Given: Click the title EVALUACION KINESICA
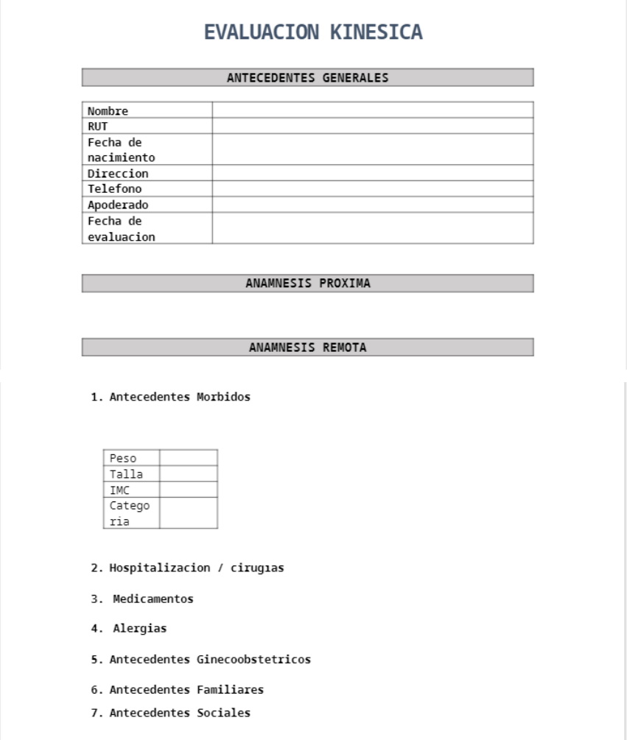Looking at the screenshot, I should point(313,32).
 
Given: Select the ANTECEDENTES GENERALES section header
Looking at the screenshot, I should point(307,77).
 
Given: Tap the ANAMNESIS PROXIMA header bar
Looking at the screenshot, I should point(307,283).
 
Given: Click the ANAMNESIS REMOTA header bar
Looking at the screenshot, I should point(307,347).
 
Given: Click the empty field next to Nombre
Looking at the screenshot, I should point(372,110).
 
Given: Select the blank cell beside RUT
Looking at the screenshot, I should point(372,126).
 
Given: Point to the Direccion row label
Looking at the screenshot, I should point(118,174).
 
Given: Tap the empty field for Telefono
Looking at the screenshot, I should point(372,189).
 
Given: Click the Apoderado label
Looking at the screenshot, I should point(118,205).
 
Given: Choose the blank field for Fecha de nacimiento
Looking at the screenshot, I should point(372,149).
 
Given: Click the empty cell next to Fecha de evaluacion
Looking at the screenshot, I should point(372,228).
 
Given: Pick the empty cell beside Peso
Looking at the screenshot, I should point(188,458).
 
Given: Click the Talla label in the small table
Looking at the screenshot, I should point(126,474).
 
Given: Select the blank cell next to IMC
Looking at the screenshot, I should point(188,490).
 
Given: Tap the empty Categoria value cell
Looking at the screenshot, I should point(188,513).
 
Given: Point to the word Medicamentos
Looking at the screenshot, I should point(153,599).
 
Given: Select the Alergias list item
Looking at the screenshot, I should point(139,629).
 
